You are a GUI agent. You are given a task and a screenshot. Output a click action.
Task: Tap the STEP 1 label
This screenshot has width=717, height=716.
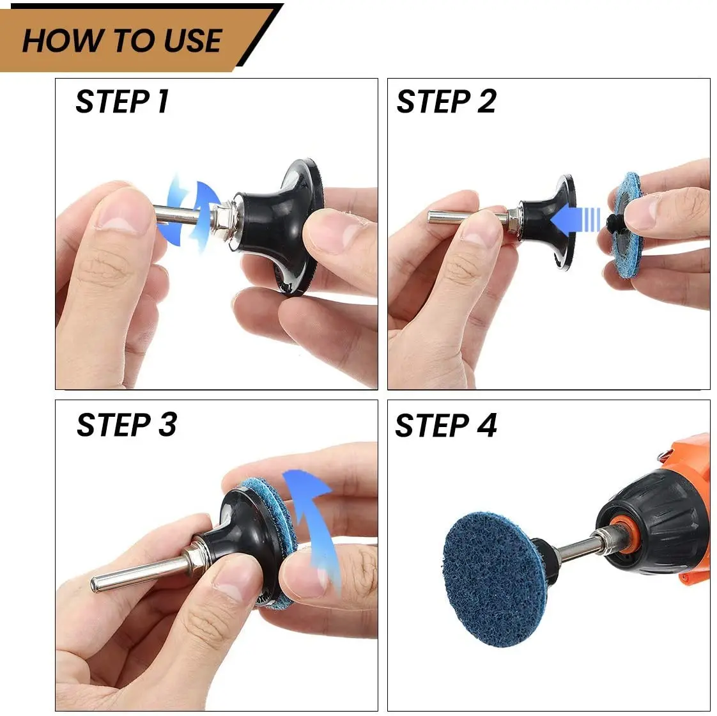tap(122, 102)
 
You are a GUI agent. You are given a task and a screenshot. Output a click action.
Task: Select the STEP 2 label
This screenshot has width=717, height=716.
tap(445, 102)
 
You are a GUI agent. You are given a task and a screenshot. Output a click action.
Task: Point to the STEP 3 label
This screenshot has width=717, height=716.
tap(126, 425)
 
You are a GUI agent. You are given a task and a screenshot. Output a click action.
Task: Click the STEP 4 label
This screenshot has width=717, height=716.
tap(445, 426)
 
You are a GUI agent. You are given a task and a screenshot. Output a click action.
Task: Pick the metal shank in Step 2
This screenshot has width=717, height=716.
tap(460, 216)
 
